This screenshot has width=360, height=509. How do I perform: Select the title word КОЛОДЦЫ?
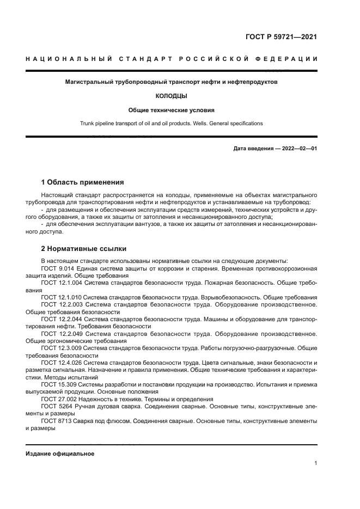tap(172, 96)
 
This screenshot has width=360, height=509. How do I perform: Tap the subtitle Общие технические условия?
tap(172, 109)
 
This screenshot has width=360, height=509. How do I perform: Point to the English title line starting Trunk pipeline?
tap(172, 124)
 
